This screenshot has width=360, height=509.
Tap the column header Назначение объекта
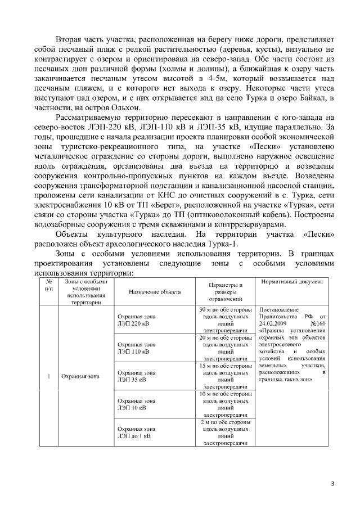click(155, 292)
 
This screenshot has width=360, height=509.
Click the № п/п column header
click(49, 285)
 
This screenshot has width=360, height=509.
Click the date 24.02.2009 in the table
click(274, 324)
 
